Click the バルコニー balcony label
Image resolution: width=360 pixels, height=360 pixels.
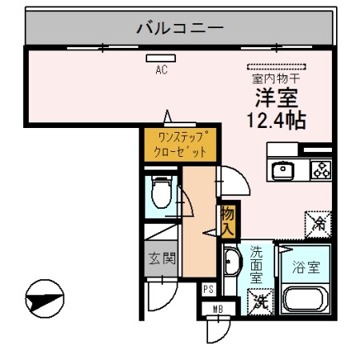pos(179,29)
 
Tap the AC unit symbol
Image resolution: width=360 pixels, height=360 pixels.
pos(161,58)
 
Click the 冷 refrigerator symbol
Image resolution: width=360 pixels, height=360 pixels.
pos(319,222)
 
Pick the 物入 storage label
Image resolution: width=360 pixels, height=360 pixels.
pos(228,220)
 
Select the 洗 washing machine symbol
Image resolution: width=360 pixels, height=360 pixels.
pos(260,301)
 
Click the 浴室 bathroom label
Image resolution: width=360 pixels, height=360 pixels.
pos(307,268)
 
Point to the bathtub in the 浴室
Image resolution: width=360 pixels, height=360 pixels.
pos(308,301)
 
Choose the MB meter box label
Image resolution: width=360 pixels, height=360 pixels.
pos(217,309)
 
